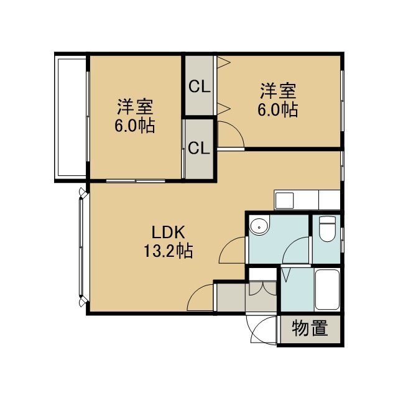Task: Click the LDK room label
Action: tap(168, 232)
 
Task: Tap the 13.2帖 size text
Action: tap(169, 251)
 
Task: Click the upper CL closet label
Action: tap(200, 86)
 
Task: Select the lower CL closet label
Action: tap(199, 148)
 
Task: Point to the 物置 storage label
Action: tap(310, 328)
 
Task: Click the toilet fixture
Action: tap(327, 228)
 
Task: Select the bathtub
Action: tap(327, 289)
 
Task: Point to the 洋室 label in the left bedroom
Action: tap(135, 107)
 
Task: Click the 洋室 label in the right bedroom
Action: tap(278, 91)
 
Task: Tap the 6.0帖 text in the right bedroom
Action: tap(278, 109)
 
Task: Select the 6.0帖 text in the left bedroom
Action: tap(135, 126)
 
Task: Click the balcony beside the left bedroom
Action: tap(72, 118)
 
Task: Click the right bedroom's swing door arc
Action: tap(236, 129)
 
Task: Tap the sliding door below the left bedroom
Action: tap(136, 181)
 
